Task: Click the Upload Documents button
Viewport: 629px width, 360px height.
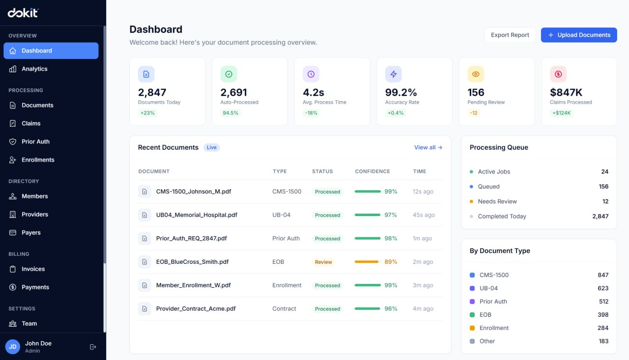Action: [x=579, y=35]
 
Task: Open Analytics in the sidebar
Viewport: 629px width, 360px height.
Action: [x=34, y=69]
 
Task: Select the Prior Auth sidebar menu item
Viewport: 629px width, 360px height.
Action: [x=35, y=141]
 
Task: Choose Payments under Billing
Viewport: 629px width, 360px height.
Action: [x=35, y=287]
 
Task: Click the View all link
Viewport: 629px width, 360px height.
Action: [x=428, y=147]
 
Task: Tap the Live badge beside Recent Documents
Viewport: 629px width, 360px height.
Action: [x=212, y=147]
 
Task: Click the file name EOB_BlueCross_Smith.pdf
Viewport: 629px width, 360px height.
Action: [x=192, y=262]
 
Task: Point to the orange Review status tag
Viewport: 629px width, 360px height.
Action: [x=323, y=262]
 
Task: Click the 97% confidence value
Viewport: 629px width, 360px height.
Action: [x=391, y=215]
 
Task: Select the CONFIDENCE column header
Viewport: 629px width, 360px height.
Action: [x=372, y=171]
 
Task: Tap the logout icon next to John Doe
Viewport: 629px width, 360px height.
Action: [x=93, y=347]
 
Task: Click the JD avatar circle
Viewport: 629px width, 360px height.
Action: [x=13, y=347]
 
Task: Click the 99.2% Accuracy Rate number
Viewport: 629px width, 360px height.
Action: [x=401, y=92]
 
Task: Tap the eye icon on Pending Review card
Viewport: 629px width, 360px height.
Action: [x=476, y=74]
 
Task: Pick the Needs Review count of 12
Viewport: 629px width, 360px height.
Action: [x=605, y=201]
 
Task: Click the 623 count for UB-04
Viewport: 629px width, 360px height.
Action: [x=603, y=288]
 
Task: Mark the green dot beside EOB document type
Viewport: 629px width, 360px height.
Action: [x=472, y=315]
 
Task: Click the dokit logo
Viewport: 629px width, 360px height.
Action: [x=23, y=13]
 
